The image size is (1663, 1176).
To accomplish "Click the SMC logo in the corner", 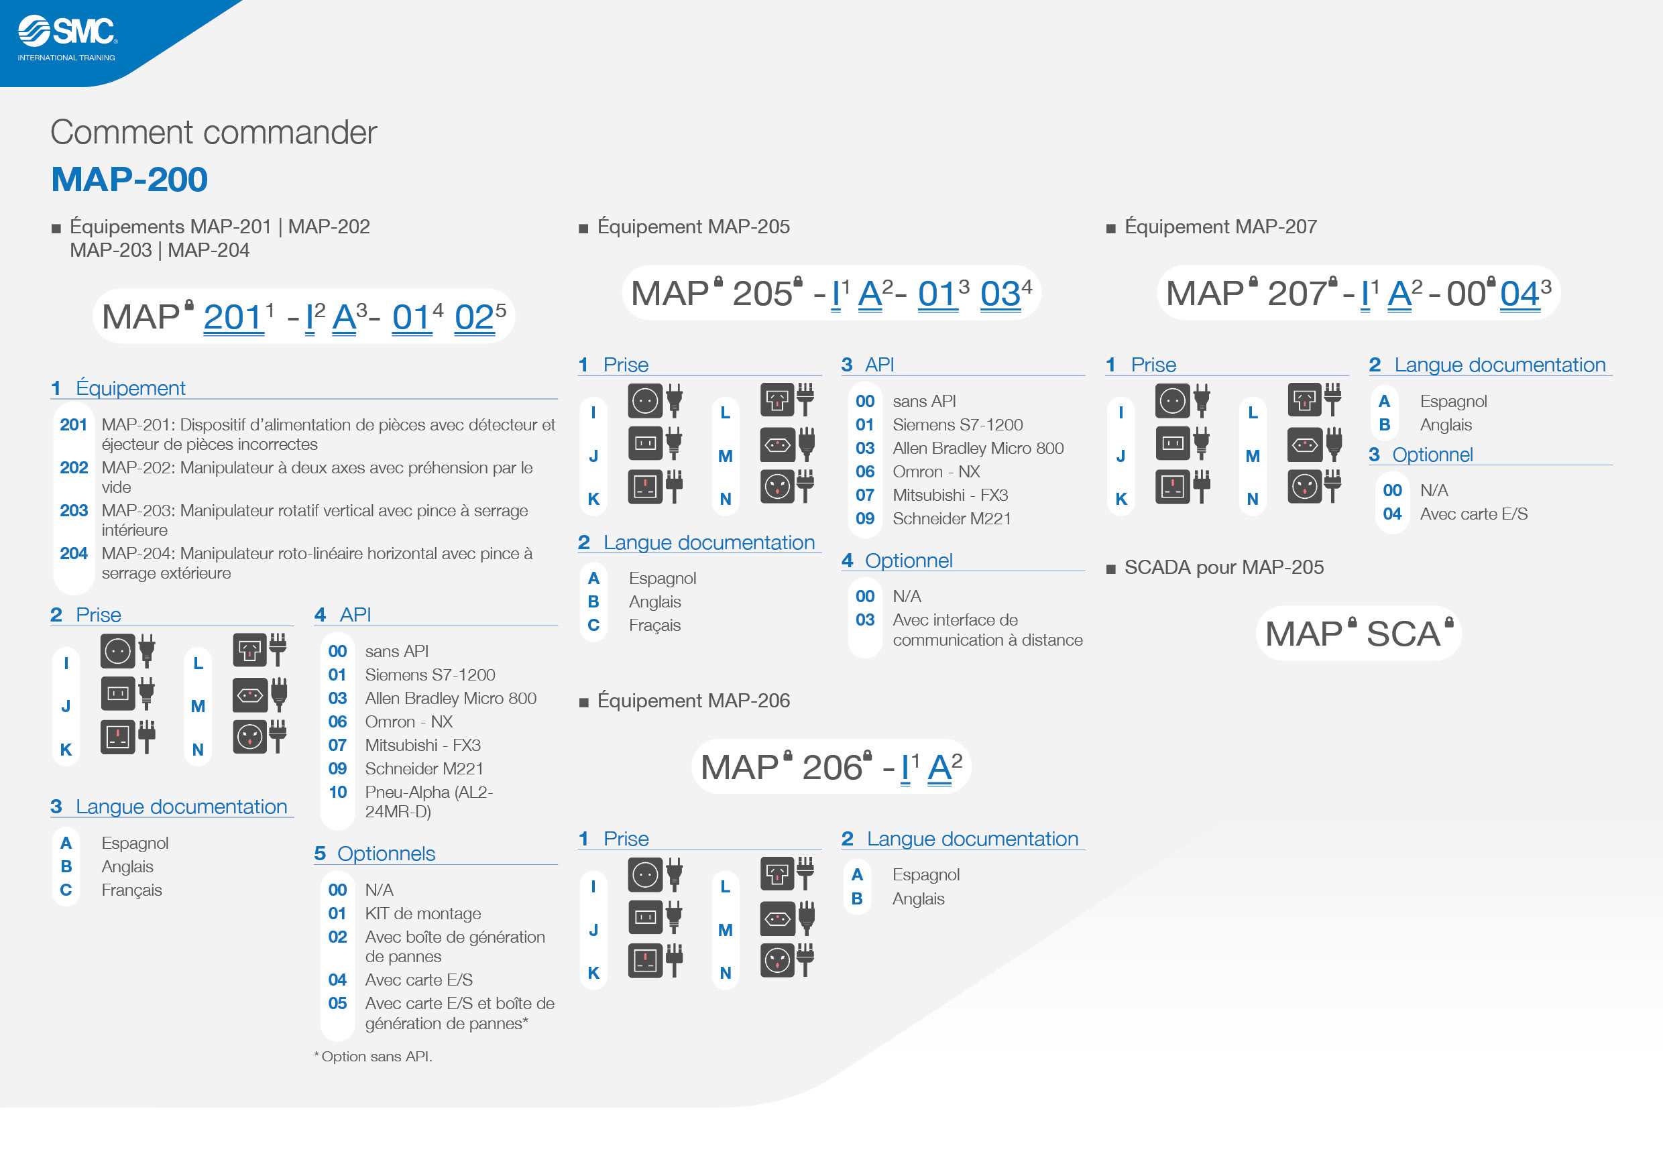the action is click(x=67, y=38).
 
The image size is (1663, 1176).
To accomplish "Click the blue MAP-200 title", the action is click(x=129, y=179).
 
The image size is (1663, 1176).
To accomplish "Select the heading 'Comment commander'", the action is click(x=214, y=133).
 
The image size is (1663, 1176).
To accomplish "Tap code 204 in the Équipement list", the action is click(x=74, y=553).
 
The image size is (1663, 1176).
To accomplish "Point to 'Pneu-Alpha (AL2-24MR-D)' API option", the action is click(x=428, y=802).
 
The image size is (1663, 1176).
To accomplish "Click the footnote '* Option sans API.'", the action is click(x=373, y=1057).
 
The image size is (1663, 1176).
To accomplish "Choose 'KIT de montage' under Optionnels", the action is click(x=423, y=913).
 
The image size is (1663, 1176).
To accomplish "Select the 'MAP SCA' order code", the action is click(x=1359, y=633).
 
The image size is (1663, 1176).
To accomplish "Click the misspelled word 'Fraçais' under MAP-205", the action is click(x=654, y=625).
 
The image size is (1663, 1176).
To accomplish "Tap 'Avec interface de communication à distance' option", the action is click(x=988, y=630).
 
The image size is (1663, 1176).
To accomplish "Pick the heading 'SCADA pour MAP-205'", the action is click(x=1224, y=567).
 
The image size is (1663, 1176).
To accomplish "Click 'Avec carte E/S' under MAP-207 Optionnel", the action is click(x=1474, y=514).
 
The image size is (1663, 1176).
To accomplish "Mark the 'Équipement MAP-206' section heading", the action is click(x=693, y=701).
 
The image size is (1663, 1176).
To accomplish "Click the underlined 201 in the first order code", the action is click(x=233, y=317).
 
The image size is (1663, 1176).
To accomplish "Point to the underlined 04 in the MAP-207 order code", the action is click(x=1519, y=294).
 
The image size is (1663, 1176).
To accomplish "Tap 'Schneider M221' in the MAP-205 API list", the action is click(x=952, y=518).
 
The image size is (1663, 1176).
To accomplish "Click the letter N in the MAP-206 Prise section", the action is click(x=725, y=974).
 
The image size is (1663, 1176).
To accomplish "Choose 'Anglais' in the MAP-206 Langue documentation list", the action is click(x=919, y=898).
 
